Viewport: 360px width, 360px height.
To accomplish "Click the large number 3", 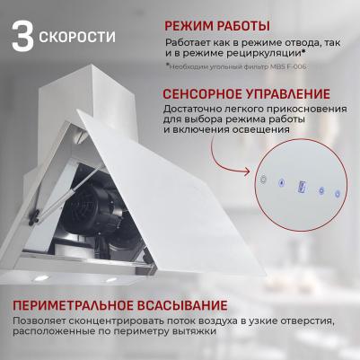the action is click(x=22, y=35).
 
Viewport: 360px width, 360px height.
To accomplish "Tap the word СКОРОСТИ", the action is click(x=77, y=37).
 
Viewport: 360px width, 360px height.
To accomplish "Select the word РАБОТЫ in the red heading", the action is click(x=242, y=26).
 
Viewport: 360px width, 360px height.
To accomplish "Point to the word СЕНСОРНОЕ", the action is click(x=202, y=94).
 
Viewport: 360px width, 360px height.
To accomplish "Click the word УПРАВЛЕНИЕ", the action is click(x=287, y=94).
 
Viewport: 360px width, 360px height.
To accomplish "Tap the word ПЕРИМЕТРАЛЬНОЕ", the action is click(x=73, y=305).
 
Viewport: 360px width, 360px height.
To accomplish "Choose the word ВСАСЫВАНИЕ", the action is click(x=182, y=305).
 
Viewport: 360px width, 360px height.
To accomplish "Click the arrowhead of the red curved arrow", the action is click(x=246, y=171).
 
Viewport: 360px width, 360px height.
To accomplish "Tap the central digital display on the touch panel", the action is click(x=302, y=186).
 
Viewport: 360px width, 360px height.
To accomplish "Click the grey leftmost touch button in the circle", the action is click(x=263, y=180).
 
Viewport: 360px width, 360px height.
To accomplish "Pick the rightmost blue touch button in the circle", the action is click(x=338, y=193).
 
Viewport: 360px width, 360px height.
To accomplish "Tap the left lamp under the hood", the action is click(x=41, y=278).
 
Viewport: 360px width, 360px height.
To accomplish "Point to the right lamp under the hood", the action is click(x=111, y=280).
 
